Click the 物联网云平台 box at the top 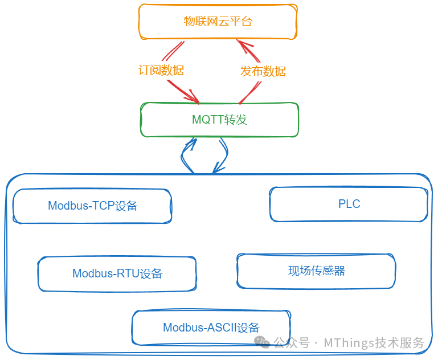[218, 22]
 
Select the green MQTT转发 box [219, 120]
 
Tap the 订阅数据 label [161, 71]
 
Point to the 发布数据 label [263, 71]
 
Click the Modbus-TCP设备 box [92, 206]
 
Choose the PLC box [349, 204]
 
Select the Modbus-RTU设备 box [117, 273]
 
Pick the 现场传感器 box [316, 271]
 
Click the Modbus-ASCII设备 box [211, 328]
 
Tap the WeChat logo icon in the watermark [262, 342]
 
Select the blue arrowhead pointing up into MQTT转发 [190, 142]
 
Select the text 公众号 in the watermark [292, 343]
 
